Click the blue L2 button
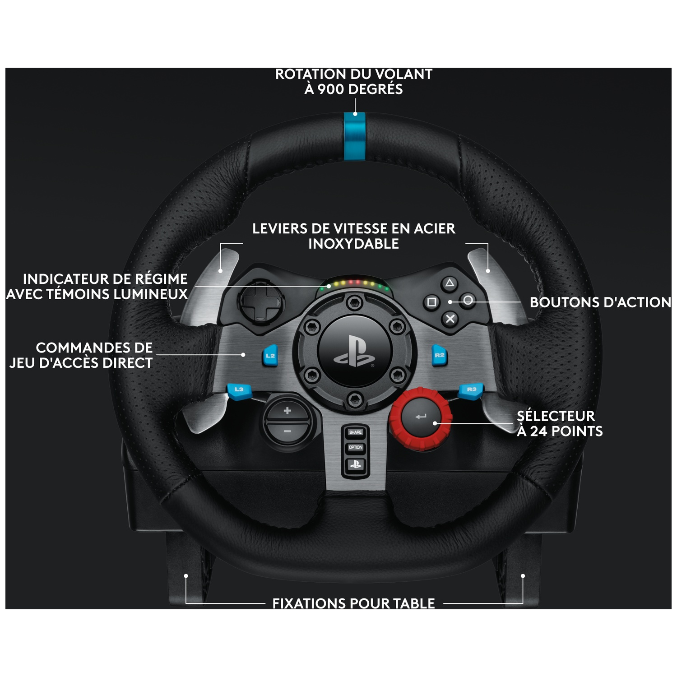270,356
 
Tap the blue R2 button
439,355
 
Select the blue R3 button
471,390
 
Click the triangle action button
449,283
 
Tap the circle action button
468,300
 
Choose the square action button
431,301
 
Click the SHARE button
356,432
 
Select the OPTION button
356,447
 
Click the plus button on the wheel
287,411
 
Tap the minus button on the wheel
287,431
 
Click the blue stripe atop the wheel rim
355,136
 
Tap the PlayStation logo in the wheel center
355,351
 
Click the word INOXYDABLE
353,244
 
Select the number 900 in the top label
331,89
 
